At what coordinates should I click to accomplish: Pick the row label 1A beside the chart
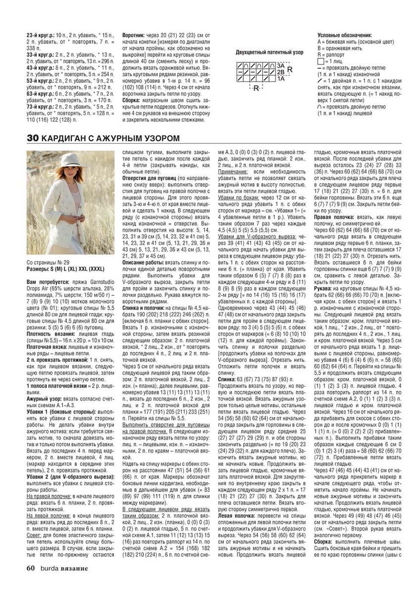tap(280, 79)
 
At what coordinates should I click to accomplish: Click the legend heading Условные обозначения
tap(344, 36)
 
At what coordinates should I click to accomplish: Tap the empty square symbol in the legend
tap(321, 61)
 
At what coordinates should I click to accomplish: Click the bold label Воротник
tap(133, 36)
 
